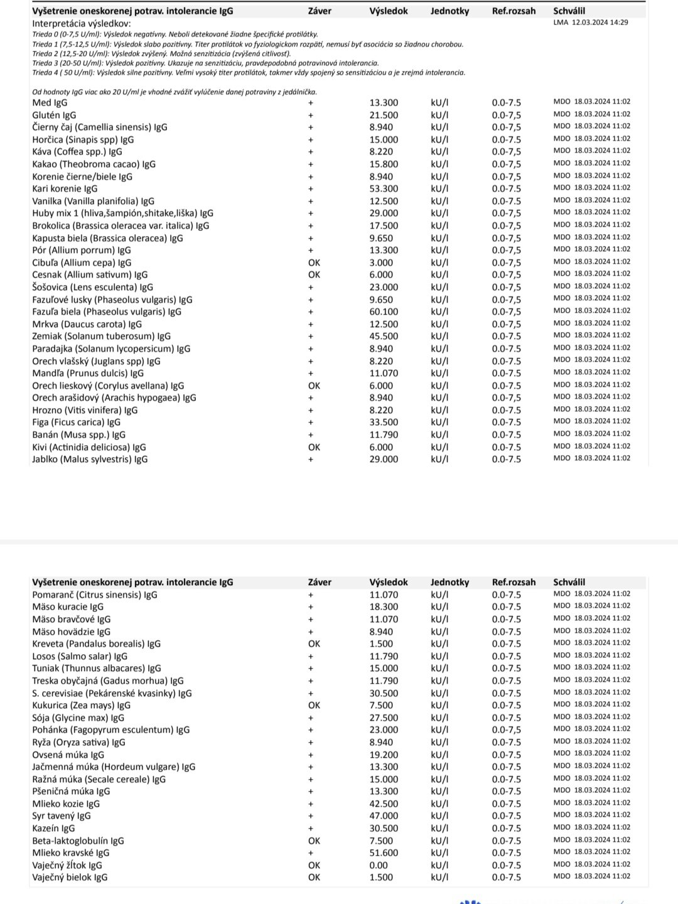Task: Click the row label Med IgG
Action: pos(50,103)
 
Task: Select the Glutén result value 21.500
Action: pos(384,116)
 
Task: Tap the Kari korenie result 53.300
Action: pos(384,189)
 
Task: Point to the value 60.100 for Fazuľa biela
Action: pos(384,312)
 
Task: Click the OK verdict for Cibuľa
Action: pos(314,263)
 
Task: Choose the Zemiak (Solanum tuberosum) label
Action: pos(101,336)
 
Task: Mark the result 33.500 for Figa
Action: pos(384,422)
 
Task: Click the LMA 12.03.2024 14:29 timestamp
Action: pos(591,23)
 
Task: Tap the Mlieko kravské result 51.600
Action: pos(384,853)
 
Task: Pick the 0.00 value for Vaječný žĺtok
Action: pos(379,865)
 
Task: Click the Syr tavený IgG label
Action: pos(62,816)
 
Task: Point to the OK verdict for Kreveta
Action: pos(314,644)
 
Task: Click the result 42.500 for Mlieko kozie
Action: pos(384,804)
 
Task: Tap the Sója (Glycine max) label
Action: pos(78,718)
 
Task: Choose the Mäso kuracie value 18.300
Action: pos(384,607)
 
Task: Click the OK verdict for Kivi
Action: pos(314,448)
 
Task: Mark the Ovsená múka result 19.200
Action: pos(384,755)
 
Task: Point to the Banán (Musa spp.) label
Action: pos(78,435)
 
